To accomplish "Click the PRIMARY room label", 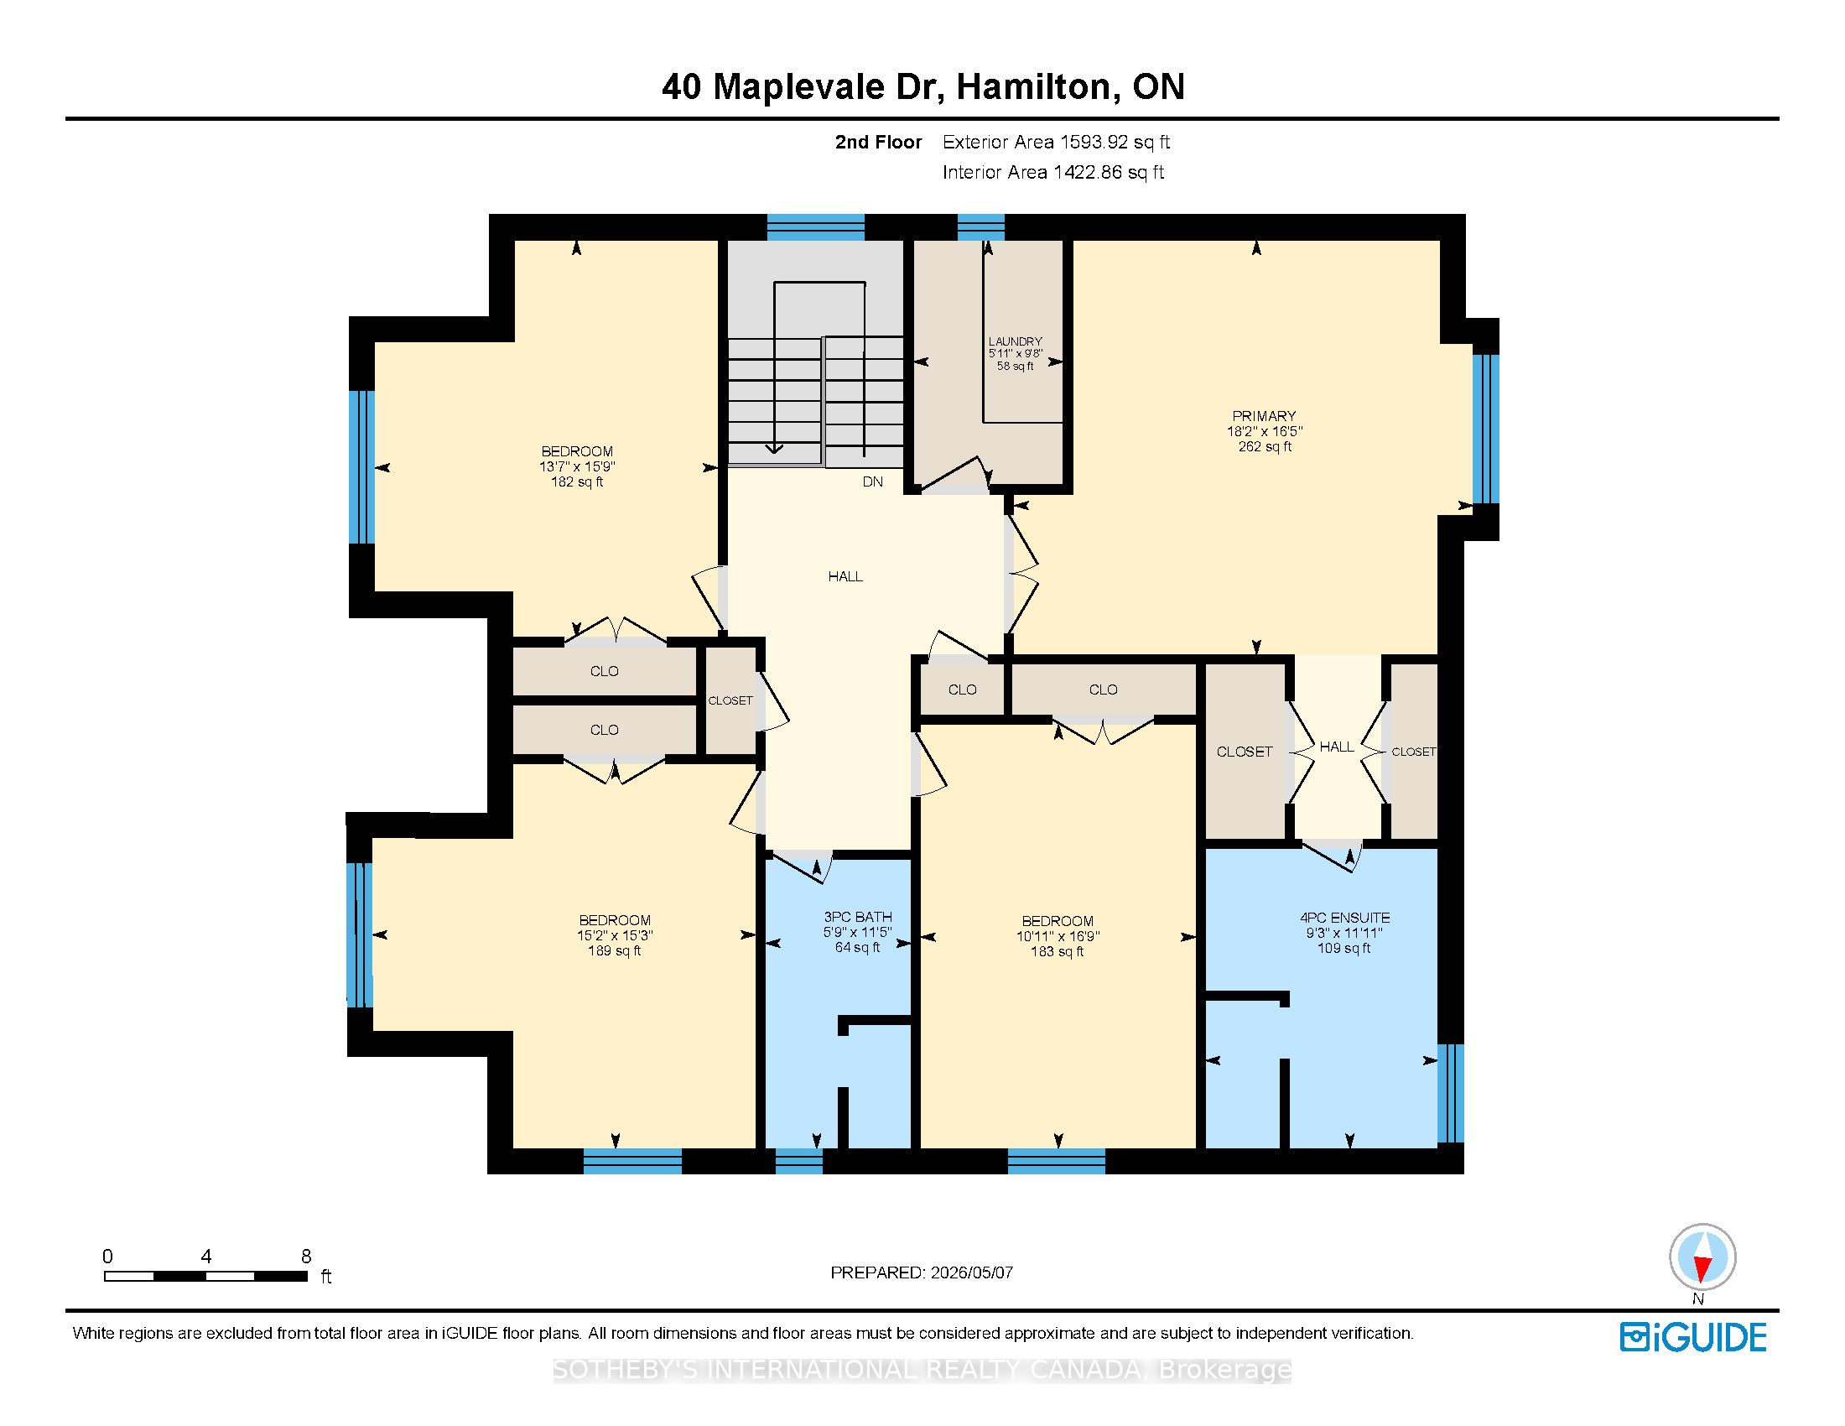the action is [x=1264, y=415].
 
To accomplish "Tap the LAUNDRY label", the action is [x=1016, y=342].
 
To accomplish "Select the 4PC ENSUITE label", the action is [x=1345, y=918].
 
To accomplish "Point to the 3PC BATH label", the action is [x=857, y=917].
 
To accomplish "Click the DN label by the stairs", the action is [x=873, y=481].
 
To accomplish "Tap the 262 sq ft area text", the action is [x=1265, y=446].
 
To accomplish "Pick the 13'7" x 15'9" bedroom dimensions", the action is [x=578, y=466].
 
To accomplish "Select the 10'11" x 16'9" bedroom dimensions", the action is [x=1058, y=936].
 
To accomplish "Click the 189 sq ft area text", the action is [x=614, y=950].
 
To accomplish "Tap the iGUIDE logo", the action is [x=1693, y=1337].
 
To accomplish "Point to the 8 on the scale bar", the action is [x=306, y=1257].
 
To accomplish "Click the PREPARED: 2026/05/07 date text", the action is [x=922, y=1272].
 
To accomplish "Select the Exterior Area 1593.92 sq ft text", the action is [x=1056, y=142].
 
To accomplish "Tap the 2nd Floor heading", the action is [x=879, y=142].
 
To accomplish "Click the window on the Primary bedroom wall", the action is [x=1486, y=429].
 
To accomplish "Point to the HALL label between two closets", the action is [x=1337, y=747].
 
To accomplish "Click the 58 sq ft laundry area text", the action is [x=1016, y=367].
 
